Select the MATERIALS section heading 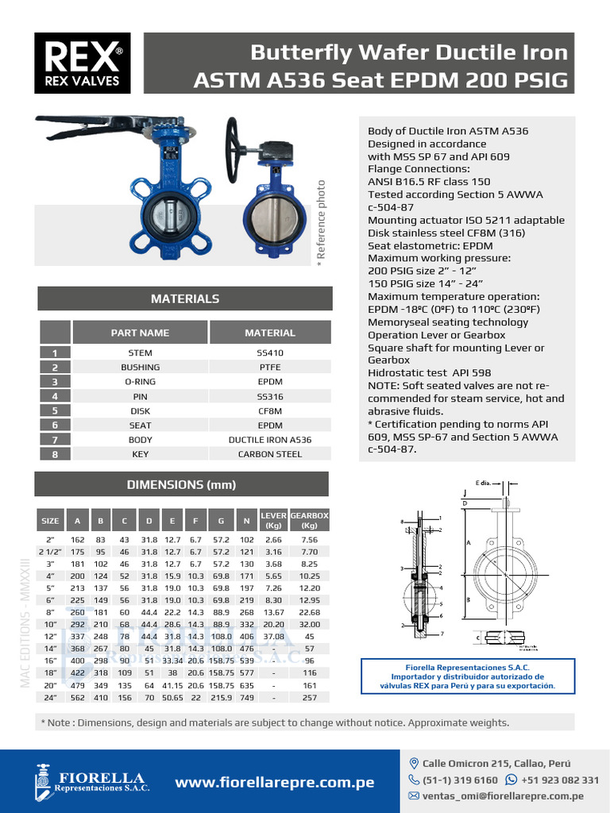tap(184, 299)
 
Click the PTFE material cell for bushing tap(270, 368)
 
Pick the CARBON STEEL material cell tap(270, 454)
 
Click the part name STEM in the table tap(140, 353)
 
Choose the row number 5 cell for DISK tap(55, 411)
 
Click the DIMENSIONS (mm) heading tap(182, 484)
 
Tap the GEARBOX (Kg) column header tap(309, 521)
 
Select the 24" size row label tap(49, 698)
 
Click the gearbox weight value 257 tap(309, 698)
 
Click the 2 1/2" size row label tap(49, 551)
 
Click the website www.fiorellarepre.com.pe tap(274, 783)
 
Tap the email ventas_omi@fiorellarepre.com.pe tap(503, 796)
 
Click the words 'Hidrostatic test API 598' tap(429, 373)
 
